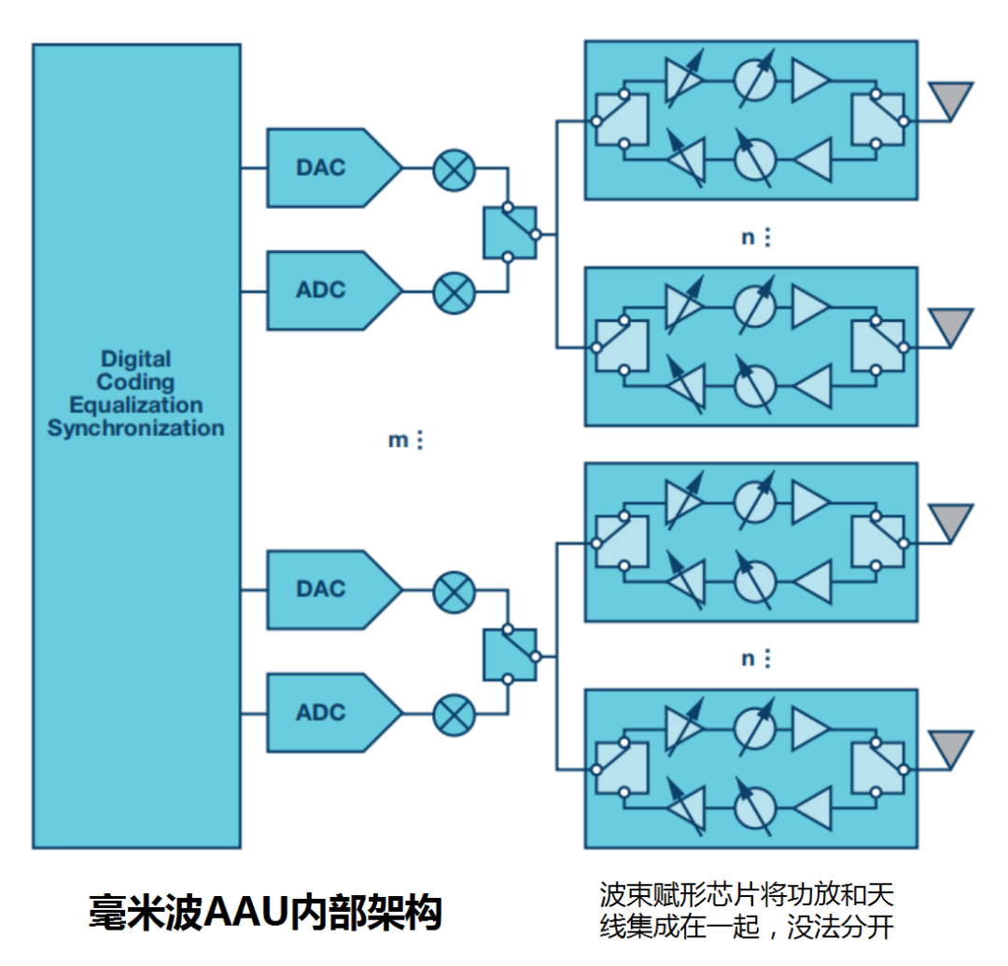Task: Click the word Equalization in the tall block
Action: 136,405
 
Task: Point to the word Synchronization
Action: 136,428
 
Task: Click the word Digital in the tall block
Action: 136,358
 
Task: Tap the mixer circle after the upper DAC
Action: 455,169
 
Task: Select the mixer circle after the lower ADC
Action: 455,713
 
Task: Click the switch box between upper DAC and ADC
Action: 510,233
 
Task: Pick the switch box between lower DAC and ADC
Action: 510,654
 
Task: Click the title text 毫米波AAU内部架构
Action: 265,911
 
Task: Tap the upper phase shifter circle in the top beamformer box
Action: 755,80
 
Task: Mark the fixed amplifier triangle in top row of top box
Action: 808,80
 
